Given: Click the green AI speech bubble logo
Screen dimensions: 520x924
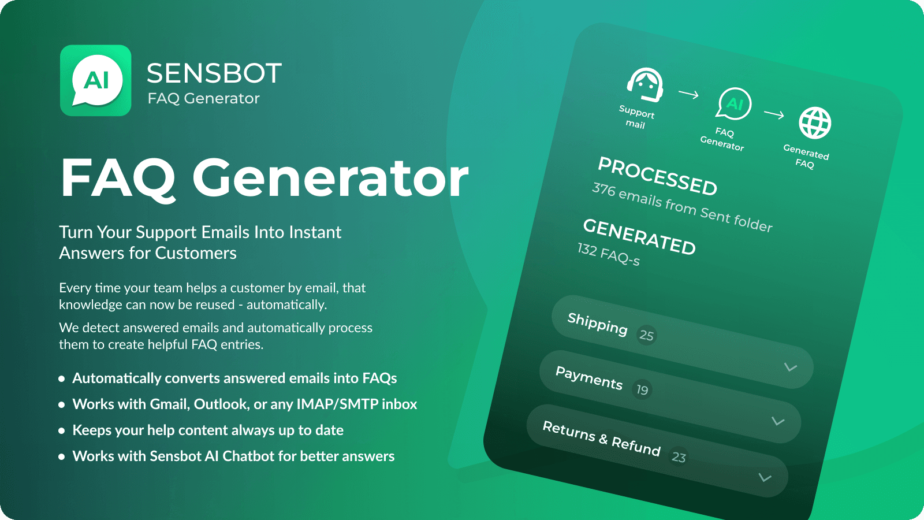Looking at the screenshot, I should click(96, 80).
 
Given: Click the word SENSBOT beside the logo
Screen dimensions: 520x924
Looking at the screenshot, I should click(214, 73).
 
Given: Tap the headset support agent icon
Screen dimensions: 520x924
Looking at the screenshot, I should click(645, 84).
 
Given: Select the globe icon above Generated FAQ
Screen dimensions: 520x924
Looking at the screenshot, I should click(815, 122).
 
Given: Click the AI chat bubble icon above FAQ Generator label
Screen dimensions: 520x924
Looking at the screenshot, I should click(734, 104).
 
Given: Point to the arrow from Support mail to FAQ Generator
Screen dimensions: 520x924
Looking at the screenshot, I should click(688, 94).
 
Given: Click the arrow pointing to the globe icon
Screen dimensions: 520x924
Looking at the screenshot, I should click(774, 114).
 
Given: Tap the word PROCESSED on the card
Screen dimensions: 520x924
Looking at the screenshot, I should click(657, 176).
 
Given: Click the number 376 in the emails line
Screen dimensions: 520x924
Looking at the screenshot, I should click(604, 189).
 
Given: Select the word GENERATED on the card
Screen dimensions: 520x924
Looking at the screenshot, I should click(639, 237).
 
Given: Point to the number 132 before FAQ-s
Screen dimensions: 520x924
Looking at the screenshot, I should click(587, 249).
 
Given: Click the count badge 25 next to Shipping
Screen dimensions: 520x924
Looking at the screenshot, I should click(646, 335).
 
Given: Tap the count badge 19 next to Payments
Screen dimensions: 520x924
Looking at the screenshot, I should click(642, 390).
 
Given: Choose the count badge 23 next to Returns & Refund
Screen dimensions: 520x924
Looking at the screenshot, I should click(679, 458).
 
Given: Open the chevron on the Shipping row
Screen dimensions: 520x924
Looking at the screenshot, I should click(791, 367).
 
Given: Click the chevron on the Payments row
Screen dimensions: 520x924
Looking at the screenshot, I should click(778, 421).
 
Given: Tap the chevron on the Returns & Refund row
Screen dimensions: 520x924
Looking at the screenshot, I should click(765, 477).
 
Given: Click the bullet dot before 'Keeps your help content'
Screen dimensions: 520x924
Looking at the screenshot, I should click(62, 431).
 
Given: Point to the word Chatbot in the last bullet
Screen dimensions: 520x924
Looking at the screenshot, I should click(248, 456).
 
